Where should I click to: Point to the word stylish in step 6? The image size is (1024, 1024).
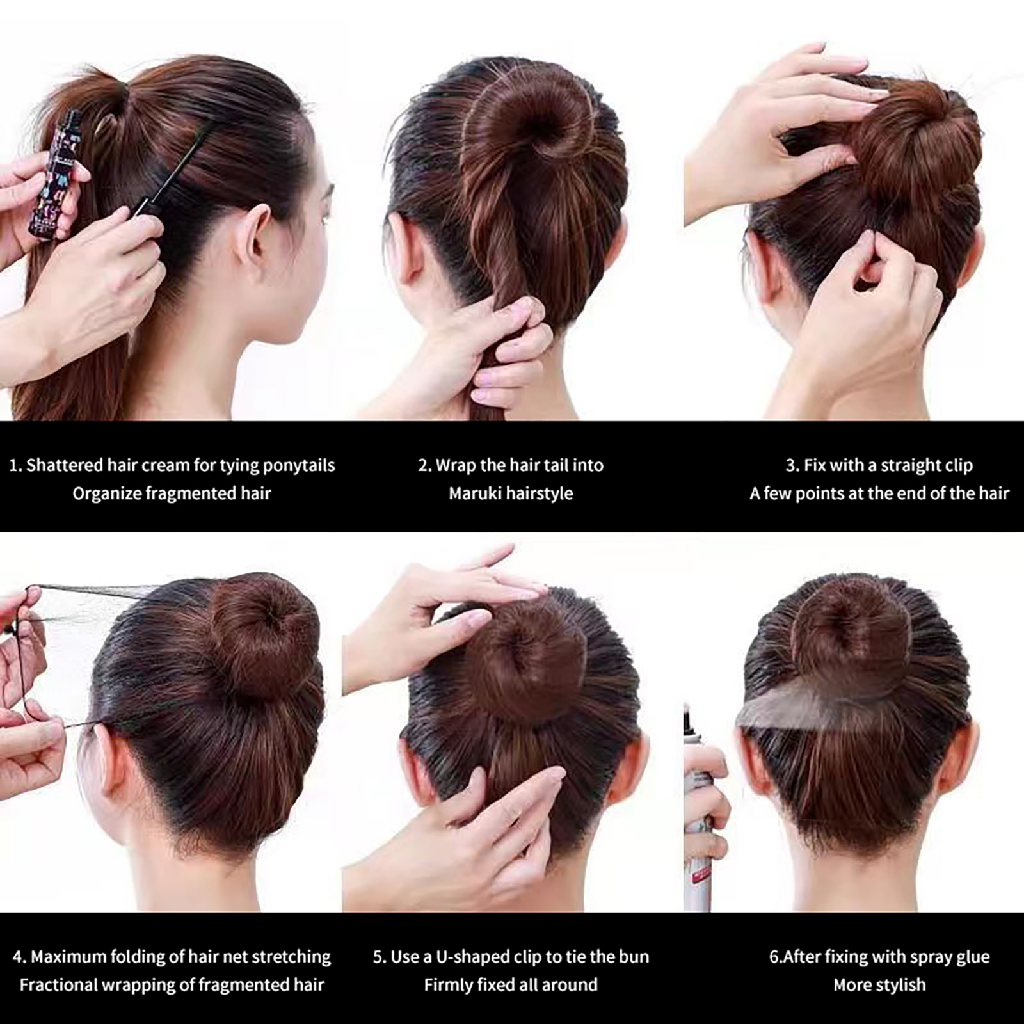point(901,986)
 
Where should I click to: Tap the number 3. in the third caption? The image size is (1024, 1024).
point(792,466)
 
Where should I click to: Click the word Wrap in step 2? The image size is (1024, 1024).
point(456,466)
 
